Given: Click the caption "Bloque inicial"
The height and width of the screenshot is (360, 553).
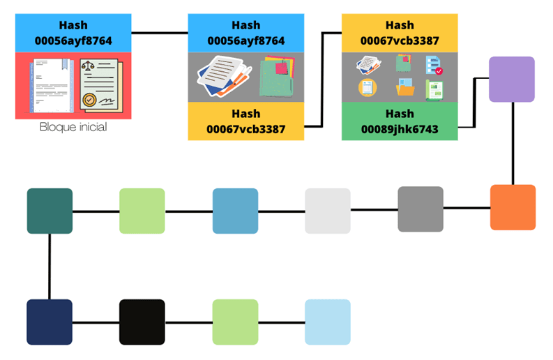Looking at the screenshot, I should click(73, 128).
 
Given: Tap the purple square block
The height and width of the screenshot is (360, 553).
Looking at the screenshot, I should click(512, 80).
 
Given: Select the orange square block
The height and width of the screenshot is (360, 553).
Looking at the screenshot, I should click(513, 207).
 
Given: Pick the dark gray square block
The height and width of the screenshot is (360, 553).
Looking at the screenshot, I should click(421, 209).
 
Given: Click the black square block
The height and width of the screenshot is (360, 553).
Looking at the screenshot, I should click(142, 322).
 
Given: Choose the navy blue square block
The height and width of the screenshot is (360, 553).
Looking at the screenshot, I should click(50, 322).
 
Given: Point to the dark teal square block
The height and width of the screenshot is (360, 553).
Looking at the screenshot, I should click(50, 211).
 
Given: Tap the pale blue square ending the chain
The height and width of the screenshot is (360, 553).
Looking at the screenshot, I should click(328, 322).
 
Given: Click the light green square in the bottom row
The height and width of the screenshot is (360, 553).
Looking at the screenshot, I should click(235, 322).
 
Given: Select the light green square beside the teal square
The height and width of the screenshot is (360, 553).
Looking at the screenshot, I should click(142, 211).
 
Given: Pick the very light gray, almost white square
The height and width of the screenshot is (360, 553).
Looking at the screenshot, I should click(328, 211).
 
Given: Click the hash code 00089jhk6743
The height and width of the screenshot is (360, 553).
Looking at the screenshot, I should click(400, 129).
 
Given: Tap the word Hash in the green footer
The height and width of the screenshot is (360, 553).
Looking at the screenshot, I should click(400, 114).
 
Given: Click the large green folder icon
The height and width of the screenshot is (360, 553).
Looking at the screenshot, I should click(277, 78).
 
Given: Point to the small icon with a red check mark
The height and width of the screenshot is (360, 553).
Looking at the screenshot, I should click(434, 66).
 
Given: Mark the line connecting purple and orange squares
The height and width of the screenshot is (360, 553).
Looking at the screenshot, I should click(513, 143).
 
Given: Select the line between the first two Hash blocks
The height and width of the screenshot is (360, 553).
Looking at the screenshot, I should click(160, 32).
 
